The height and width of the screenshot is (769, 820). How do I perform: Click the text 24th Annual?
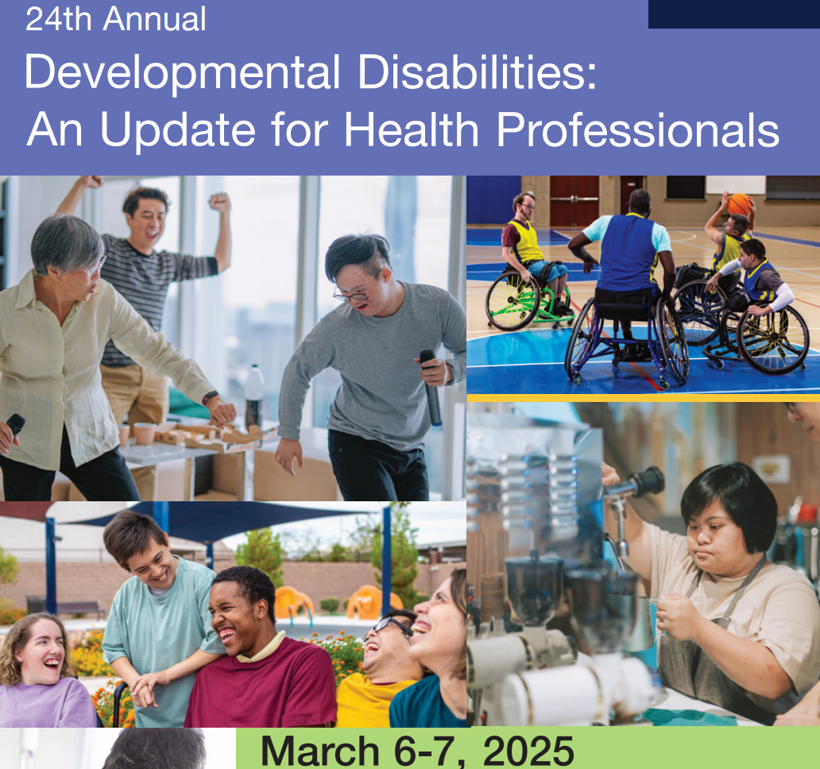coord(115,19)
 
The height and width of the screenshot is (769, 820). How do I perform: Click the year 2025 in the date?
coord(528,752)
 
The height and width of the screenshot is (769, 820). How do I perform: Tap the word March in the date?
coord(319,752)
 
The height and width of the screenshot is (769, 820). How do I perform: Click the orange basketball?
coord(739,204)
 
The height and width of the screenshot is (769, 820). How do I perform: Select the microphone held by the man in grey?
coord(431,386)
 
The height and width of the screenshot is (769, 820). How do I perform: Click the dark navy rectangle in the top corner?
coord(734,14)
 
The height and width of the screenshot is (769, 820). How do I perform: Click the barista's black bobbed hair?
coord(730,499)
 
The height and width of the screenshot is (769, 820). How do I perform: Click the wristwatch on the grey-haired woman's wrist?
coord(210,398)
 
